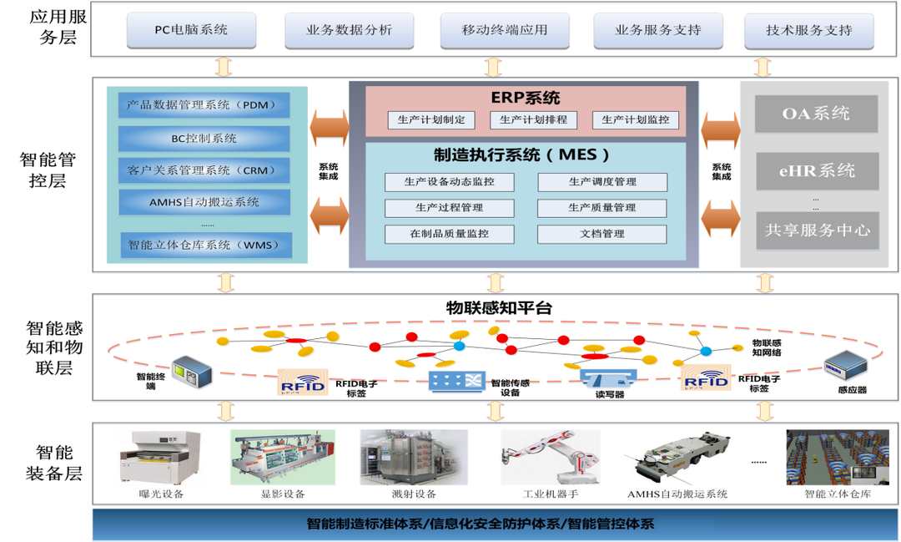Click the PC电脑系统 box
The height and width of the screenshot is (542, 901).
(x=191, y=30)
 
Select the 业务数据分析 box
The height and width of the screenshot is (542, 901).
(x=349, y=30)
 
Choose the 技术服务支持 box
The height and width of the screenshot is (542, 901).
(x=808, y=30)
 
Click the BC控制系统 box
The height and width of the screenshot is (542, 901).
(x=204, y=138)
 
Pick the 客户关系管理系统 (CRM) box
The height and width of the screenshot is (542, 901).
(x=204, y=170)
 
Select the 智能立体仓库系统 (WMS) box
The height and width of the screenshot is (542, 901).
(x=204, y=245)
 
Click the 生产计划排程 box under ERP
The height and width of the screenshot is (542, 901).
(x=533, y=120)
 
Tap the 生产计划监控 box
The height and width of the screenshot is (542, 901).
(x=635, y=120)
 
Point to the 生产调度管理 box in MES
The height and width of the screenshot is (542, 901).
(x=602, y=182)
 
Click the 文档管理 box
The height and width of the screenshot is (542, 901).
(x=602, y=234)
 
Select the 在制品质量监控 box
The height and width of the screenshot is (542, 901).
(x=449, y=234)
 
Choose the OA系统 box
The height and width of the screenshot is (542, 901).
(x=816, y=114)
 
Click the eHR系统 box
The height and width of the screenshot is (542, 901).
(x=816, y=171)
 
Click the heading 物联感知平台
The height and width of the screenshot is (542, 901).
(x=499, y=308)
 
